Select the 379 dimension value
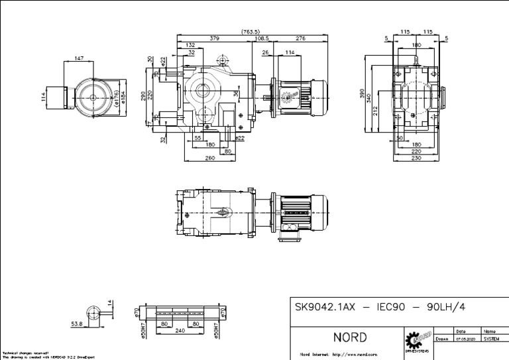point(214,38)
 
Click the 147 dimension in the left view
point(79,59)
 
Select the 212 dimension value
point(376,109)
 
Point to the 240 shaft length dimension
point(180,330)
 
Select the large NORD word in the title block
point(350,338)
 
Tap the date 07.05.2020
point(464,338)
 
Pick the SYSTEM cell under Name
point(491,338)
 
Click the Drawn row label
point(442,338)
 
